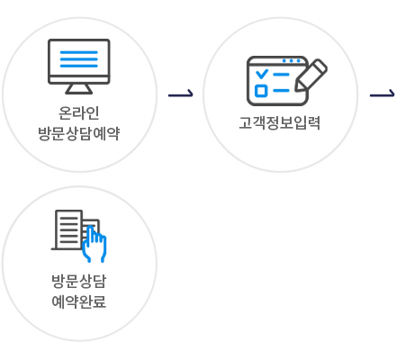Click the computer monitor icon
tap(79, 67)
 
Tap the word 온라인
tap(78, 112)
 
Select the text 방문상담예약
tap(79, 133)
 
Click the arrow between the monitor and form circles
tap(181, 94)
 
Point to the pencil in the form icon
tap(310, 75)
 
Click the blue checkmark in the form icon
tap(262, 74)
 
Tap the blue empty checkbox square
tap(261, 91)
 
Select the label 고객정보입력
tap(280, 123)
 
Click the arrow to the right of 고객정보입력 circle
tap(382, 94)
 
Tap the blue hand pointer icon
tap(94, 244)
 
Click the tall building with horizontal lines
tap(68, 229)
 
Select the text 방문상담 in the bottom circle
tap(79, 281)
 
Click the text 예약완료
tap(79, 301)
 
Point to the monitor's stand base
tap(79, 89)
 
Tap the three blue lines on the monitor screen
tap(79, 59)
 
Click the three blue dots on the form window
tap(292, 61)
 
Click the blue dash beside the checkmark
tap(282, 74)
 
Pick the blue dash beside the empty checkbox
tap(282, 90)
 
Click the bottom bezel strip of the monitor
tap(79, 80)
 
